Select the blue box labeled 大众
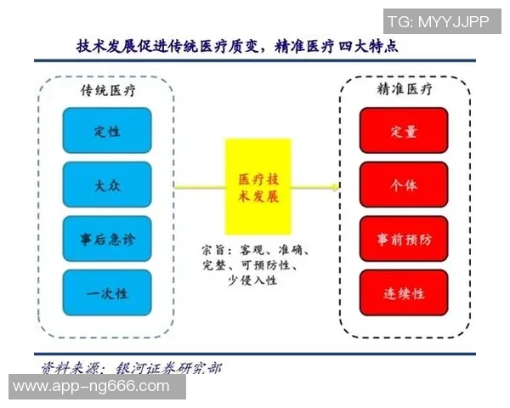coord(106,184)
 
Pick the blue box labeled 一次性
coord(106,293)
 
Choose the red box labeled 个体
coord(404,184)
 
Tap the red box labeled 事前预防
coord(404,239)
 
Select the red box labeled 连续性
coord(404,293)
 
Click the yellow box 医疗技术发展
coord(258,186)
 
